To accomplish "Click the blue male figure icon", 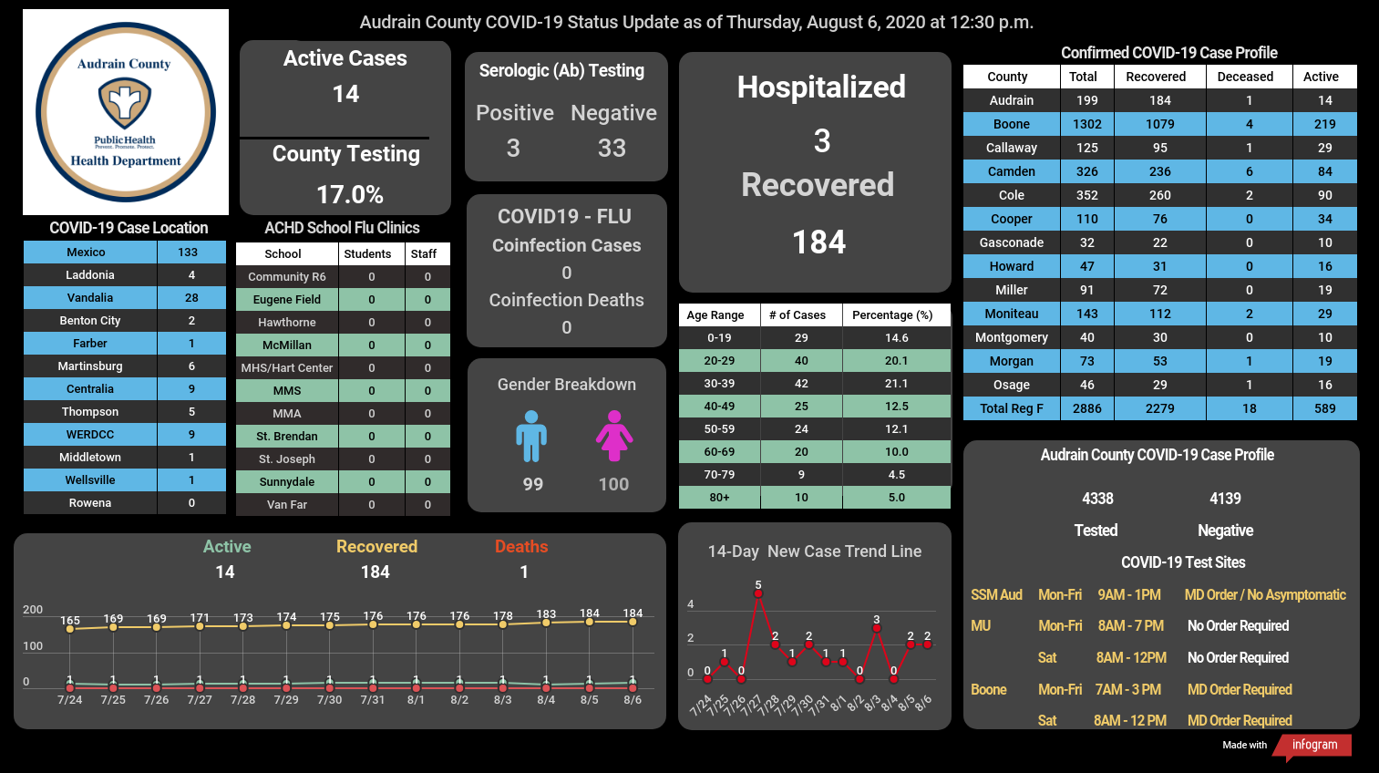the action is (x=531, y=436).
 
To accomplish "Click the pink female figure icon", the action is (x=613, y=436).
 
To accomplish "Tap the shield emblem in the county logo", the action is (x=125, y=104).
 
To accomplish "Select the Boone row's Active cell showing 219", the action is (x=1325, y=124).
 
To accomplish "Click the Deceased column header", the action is (x=1245, y=77).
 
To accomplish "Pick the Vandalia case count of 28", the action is (x=191, y=297).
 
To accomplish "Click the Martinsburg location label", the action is (x=90, y=366).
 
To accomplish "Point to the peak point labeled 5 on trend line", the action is (x=757, y=593).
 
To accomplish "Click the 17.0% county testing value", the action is (x=350, y=195).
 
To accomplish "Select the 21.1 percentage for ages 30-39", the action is (x=896, y=383).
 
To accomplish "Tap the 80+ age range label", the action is (x=719, y=497).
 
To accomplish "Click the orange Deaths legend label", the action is (x=521, y=546).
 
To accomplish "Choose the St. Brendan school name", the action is (x=287, y=436).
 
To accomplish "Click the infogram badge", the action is (x=1313, y=745).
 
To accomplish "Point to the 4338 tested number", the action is (x=1097, y=499).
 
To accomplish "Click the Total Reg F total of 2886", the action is (x=1087, y=408).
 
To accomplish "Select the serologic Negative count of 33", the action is (x=612, y=148).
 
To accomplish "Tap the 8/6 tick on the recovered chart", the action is (x=633, y=700).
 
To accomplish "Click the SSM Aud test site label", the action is (x=996, y=594).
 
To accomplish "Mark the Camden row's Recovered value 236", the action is (x=1160, y=171).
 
